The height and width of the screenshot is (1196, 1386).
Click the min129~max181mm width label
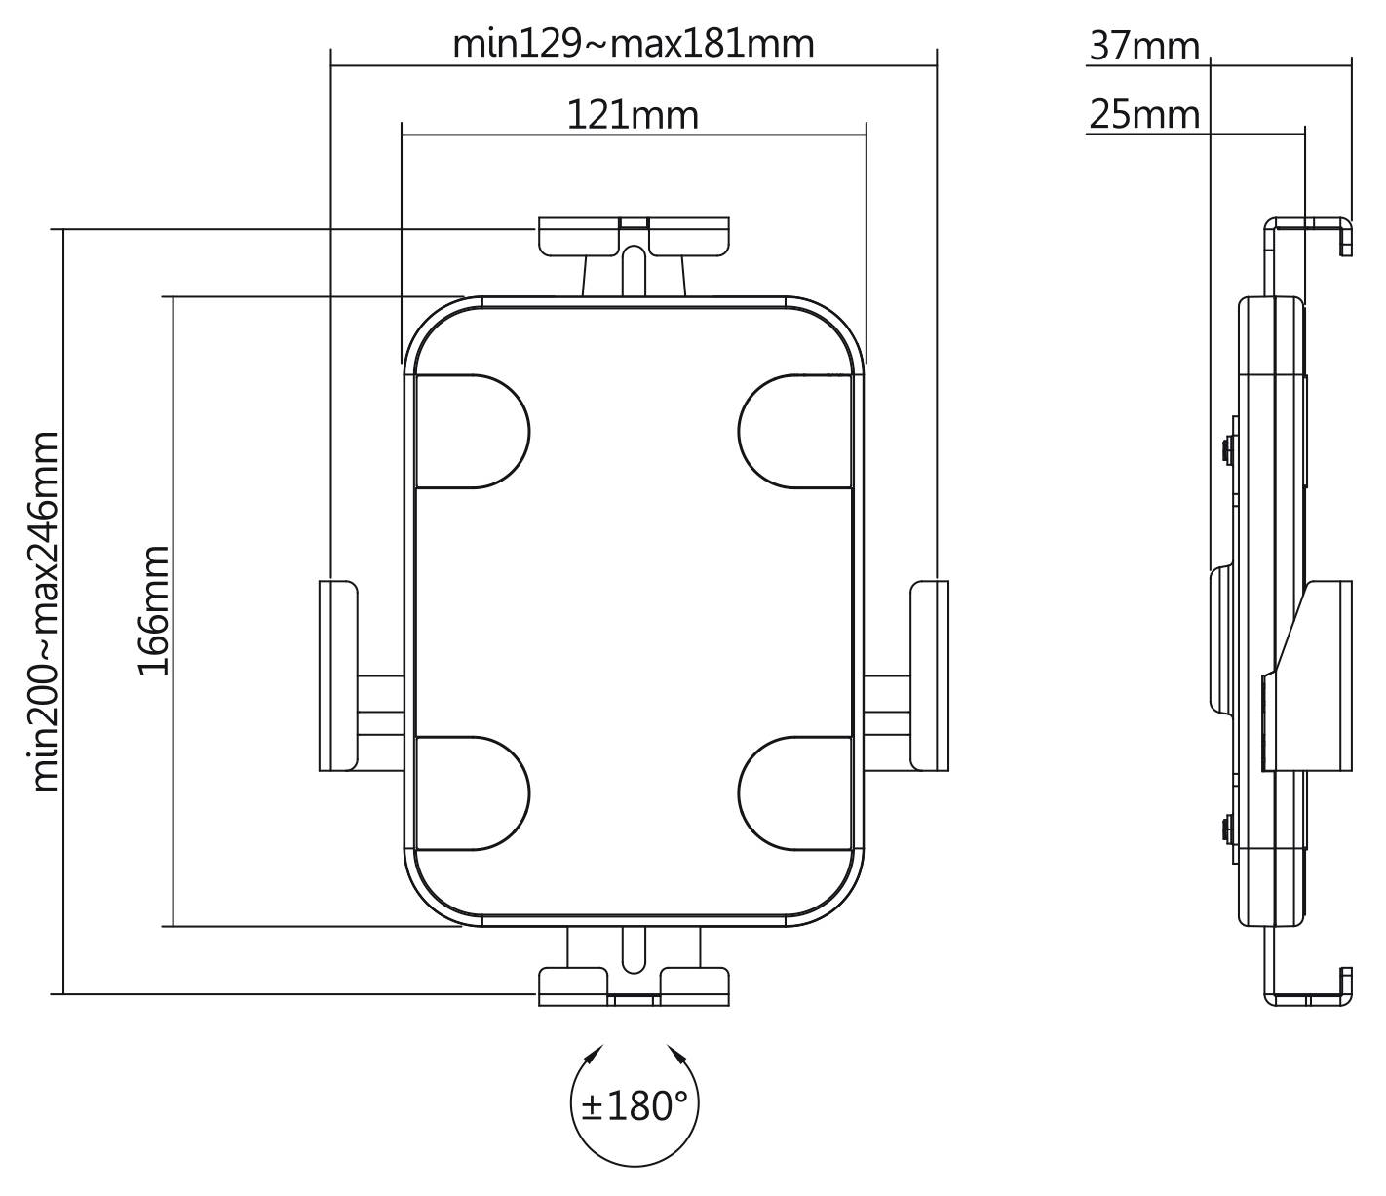[633, 44]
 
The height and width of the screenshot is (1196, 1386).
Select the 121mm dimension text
[633, 115]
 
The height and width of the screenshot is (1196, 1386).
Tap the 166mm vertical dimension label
[154, 610]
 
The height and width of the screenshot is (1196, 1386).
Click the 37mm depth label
[1143, 45]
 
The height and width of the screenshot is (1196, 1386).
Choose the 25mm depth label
[1143, 115]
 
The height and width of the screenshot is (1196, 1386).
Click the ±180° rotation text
[634, 1106]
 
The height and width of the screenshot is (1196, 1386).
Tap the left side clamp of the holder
[338, 675]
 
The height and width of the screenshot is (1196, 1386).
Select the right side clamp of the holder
[929, 675]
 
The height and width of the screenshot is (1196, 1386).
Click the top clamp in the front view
[634, 237]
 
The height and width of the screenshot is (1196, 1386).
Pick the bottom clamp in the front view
[634, 984]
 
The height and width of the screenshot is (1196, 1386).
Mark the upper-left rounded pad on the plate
[472, 430]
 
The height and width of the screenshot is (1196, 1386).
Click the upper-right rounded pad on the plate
[795, 430]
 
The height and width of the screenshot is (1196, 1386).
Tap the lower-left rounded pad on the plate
[472, 791]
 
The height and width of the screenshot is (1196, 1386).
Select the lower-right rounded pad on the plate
[795, 791]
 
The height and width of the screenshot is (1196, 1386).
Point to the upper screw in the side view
[1224, 449]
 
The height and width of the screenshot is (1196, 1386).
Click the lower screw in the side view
[1224, 830]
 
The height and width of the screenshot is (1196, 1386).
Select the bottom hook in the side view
[1309, 988]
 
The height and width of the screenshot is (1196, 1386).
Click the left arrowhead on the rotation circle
[593, 1057]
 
